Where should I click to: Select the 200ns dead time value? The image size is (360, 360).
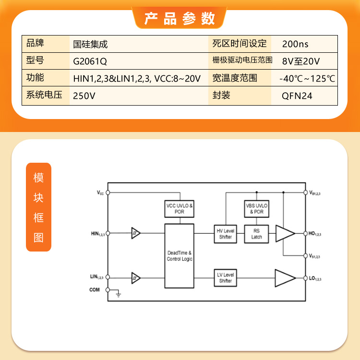click(x=295, y=44)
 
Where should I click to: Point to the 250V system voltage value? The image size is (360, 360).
click(x=84, y=96)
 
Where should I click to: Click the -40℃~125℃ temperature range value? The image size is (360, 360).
click(x=307, y=79)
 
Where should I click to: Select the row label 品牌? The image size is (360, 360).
click(x=35, y=43)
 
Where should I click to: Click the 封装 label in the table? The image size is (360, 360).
click(x=221, y=95)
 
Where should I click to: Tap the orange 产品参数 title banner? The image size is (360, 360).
click(x=180, y=18)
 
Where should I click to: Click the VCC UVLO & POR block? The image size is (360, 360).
click(x=180, y=209)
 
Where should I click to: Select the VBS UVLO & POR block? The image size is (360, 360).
click(x=256, y=209)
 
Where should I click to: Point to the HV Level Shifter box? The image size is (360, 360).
click(x=225, y=234)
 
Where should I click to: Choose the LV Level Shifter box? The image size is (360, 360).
click(x=225, y=278)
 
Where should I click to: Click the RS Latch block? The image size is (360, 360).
click(x=256, y=234)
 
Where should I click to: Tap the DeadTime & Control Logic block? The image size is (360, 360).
click(x=180, y=256)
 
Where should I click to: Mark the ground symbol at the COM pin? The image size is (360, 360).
click(x=118, y=294)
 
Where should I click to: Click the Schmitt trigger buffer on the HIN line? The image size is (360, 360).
click(x=136, y=233)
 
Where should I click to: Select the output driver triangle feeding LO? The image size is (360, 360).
click(x=285, y=278)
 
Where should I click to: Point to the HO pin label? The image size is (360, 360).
click(x=314, y=234)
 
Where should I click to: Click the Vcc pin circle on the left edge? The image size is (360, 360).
click(x=108, y=192)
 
